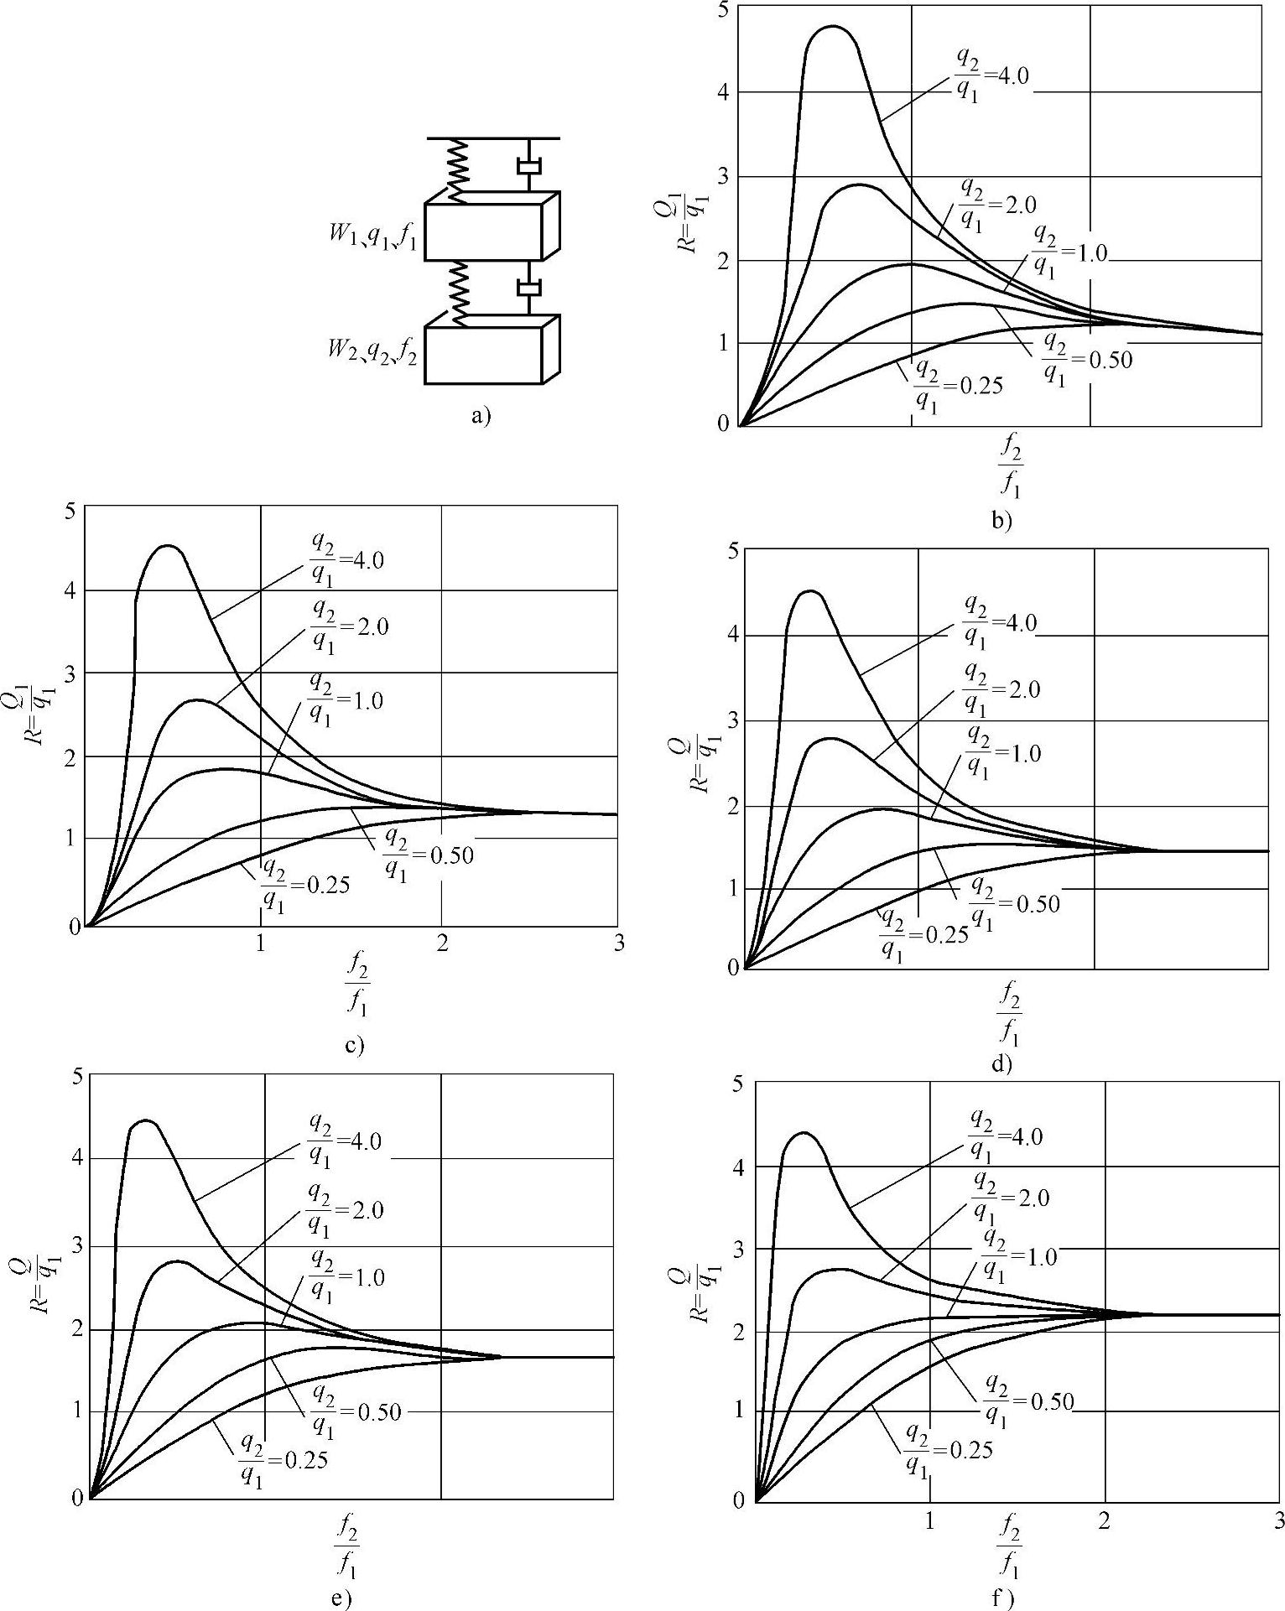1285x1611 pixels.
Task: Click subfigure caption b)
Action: [1002, 521]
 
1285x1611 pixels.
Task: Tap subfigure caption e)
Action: [341, 1598]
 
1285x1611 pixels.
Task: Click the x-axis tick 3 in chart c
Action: [619, 943]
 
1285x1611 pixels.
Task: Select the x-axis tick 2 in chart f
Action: [1104, 1520]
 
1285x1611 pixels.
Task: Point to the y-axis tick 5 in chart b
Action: [723, 10]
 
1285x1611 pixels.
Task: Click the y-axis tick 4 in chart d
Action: [732, 635]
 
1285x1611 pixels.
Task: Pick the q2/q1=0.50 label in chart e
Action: [356, 1411]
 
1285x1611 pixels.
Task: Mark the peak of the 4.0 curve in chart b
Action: [832, 27]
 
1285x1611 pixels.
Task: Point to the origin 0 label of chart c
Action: [76, 928]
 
